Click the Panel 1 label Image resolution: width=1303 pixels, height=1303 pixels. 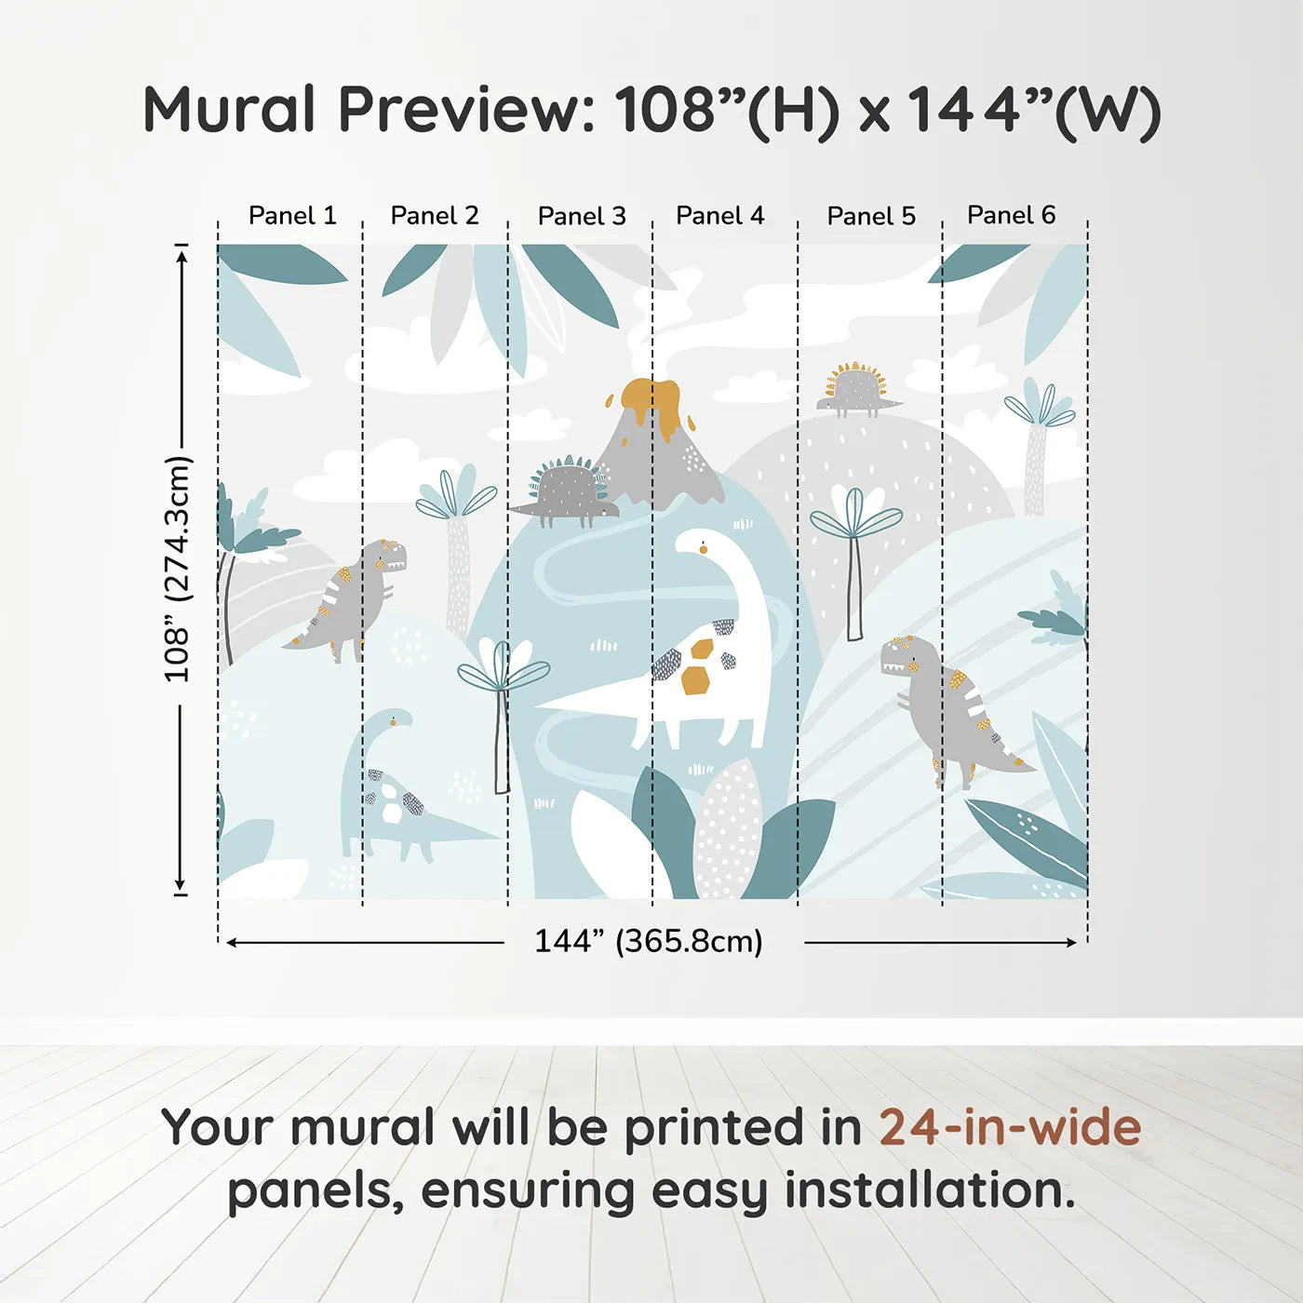click(x=292, y=216)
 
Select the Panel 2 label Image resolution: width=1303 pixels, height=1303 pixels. click(x=435, y=216)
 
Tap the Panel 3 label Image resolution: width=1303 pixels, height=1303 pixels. click(x=582, y=216)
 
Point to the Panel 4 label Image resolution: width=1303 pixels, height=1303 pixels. click(x=719, y=216)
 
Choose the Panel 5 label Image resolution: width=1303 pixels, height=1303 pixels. click(x=871, y=216)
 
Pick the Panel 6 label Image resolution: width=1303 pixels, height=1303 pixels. click(x=1011, y=215)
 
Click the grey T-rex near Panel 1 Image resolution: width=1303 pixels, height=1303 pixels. click(x=354, y=596)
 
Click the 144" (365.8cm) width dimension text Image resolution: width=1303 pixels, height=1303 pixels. click(x=649, y=942)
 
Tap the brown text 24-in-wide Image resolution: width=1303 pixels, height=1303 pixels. click(x=1010, y=1128)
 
